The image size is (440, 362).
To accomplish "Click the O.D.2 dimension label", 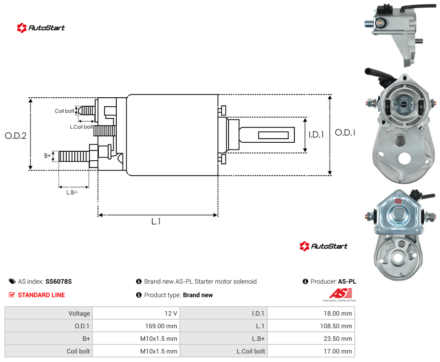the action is click(x=16, y=136).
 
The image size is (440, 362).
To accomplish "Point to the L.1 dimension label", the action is click(x=156, y=222).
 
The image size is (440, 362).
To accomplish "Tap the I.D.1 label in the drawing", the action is click(x=316, y=135).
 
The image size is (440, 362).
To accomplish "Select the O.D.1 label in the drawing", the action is click(x=345, y=132).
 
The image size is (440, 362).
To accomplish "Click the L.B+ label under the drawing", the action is click(x=72, y=192).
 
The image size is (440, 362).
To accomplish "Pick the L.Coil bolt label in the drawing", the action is click(x=81, y=127).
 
